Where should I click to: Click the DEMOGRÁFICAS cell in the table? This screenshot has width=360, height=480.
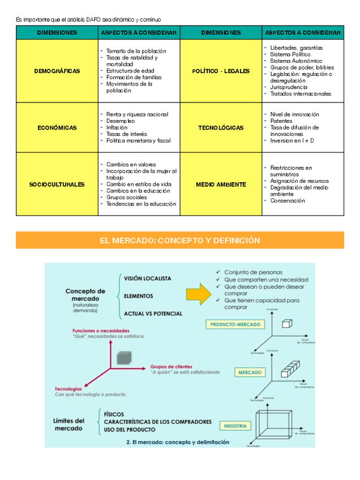57,71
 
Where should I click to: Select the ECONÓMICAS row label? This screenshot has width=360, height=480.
57,128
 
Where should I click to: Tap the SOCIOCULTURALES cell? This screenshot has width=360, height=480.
57,185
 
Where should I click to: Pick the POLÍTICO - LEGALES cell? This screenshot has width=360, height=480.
221,71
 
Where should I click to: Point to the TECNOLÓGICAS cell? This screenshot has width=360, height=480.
221,128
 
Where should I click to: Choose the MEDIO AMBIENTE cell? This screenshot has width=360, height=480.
221,185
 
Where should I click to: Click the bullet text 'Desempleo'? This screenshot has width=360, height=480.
121,121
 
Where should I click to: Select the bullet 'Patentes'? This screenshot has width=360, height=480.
281,121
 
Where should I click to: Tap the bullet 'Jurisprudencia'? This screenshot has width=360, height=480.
289,87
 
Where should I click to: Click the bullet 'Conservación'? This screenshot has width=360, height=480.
288,200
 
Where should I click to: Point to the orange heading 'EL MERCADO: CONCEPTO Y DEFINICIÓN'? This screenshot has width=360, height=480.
180,241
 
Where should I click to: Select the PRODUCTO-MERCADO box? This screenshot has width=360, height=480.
235,325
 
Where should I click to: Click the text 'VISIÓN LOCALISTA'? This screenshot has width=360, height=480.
148,278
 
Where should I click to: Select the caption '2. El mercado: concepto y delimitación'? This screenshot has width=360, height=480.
178,442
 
